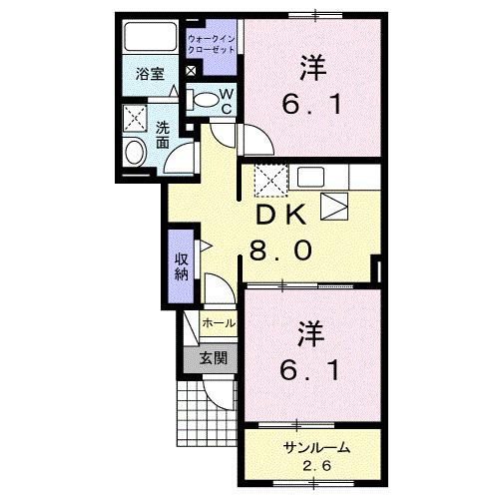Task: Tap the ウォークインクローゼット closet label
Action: coord(212,43)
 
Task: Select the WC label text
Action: coord(227,101)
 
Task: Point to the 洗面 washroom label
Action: coord(163,134)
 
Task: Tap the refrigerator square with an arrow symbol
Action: coord(334,208)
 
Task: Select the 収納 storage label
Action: coord(181,259)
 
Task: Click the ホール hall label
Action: coord(219,324)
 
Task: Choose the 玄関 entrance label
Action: coord(212,357)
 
